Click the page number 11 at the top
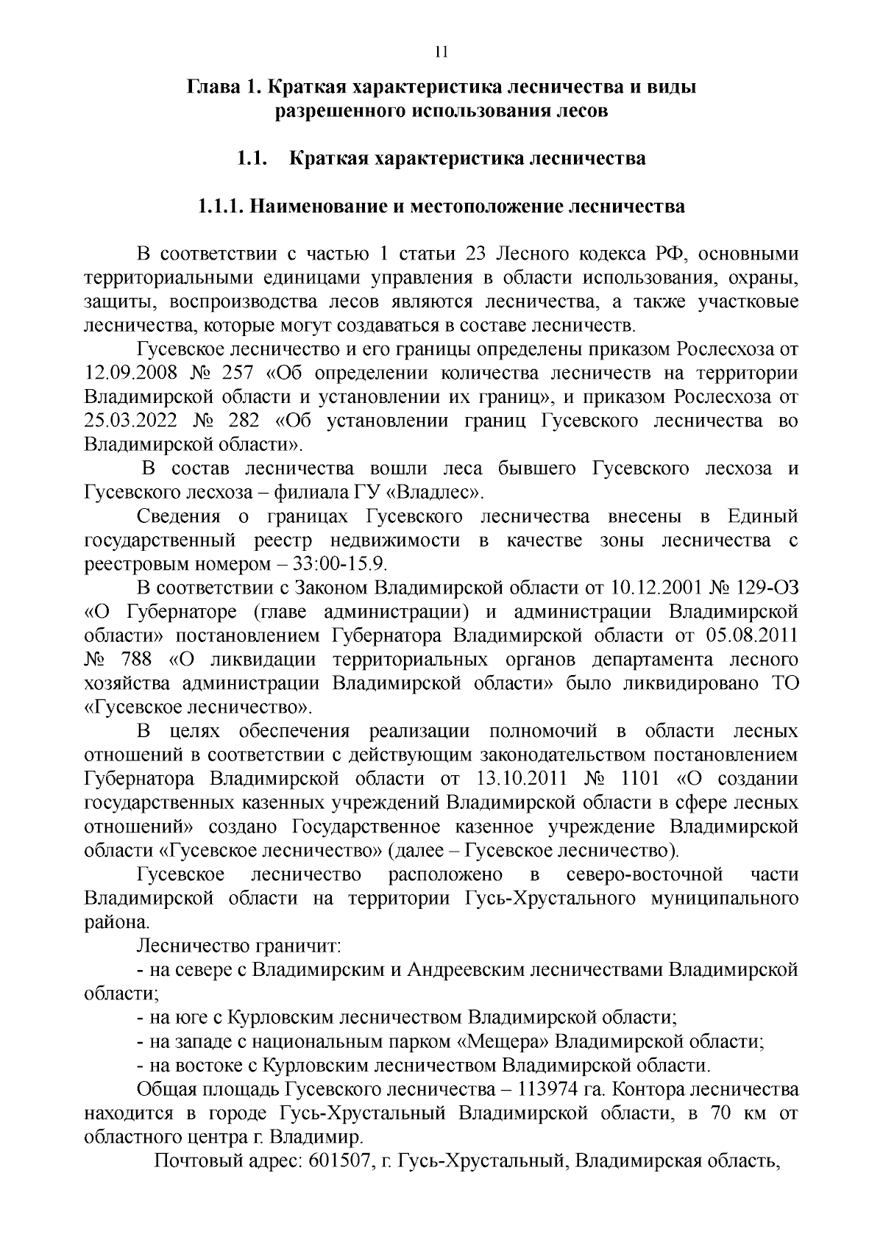(441, 52)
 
